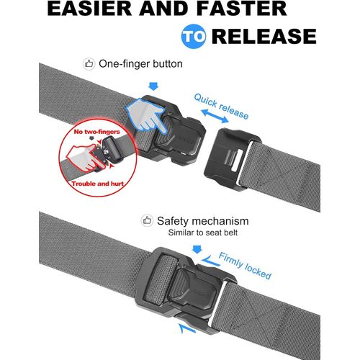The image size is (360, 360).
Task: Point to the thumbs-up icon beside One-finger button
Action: click(x=90, y=64)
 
